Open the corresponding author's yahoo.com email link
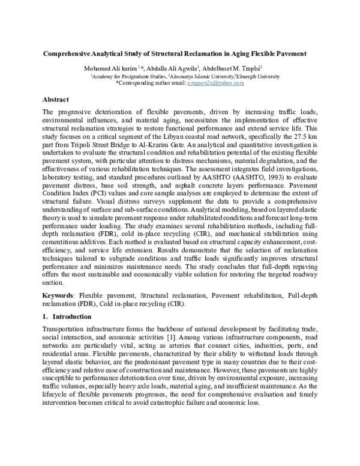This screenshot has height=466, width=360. [x=215, y=83]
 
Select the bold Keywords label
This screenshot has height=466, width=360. [x=59, y=296]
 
